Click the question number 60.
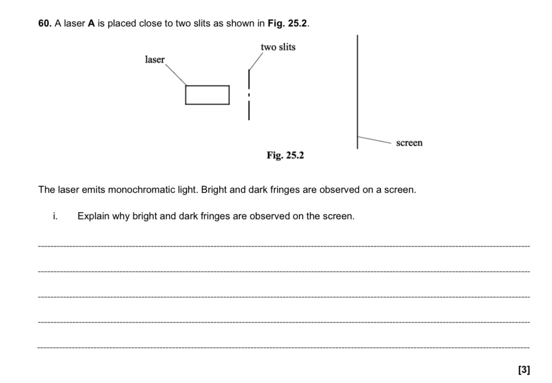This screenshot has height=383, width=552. click(x=45, y=24)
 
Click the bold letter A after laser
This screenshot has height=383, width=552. click(x=91, y=24)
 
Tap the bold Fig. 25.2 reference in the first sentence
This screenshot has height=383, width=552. click(x=288, y=24)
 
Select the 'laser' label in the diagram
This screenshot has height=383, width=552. click(x=155, y=60)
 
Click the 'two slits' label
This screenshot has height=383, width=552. click(x=278, y=47)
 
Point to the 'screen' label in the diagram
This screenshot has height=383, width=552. click(x=409, y=143)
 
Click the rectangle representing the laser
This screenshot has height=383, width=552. click(x=207, y=95)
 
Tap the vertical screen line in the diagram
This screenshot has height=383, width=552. click(x=358, y=91)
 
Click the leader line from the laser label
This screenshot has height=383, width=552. click(x=176, y=75)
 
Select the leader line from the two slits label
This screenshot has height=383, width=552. click(x=256, y=61)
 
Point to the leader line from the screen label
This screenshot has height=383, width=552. click(x=374, y=140)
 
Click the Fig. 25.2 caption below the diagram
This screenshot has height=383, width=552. click(x=285, y=155)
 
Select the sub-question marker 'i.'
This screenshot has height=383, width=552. click(x=55, y=216)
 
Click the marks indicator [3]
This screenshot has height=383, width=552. click(x=524, y=369)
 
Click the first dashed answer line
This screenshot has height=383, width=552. click(x=283, y=246)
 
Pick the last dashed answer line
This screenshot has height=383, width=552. click(x=283, y=348)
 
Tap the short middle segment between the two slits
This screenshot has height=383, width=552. click(x=249, y=95)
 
